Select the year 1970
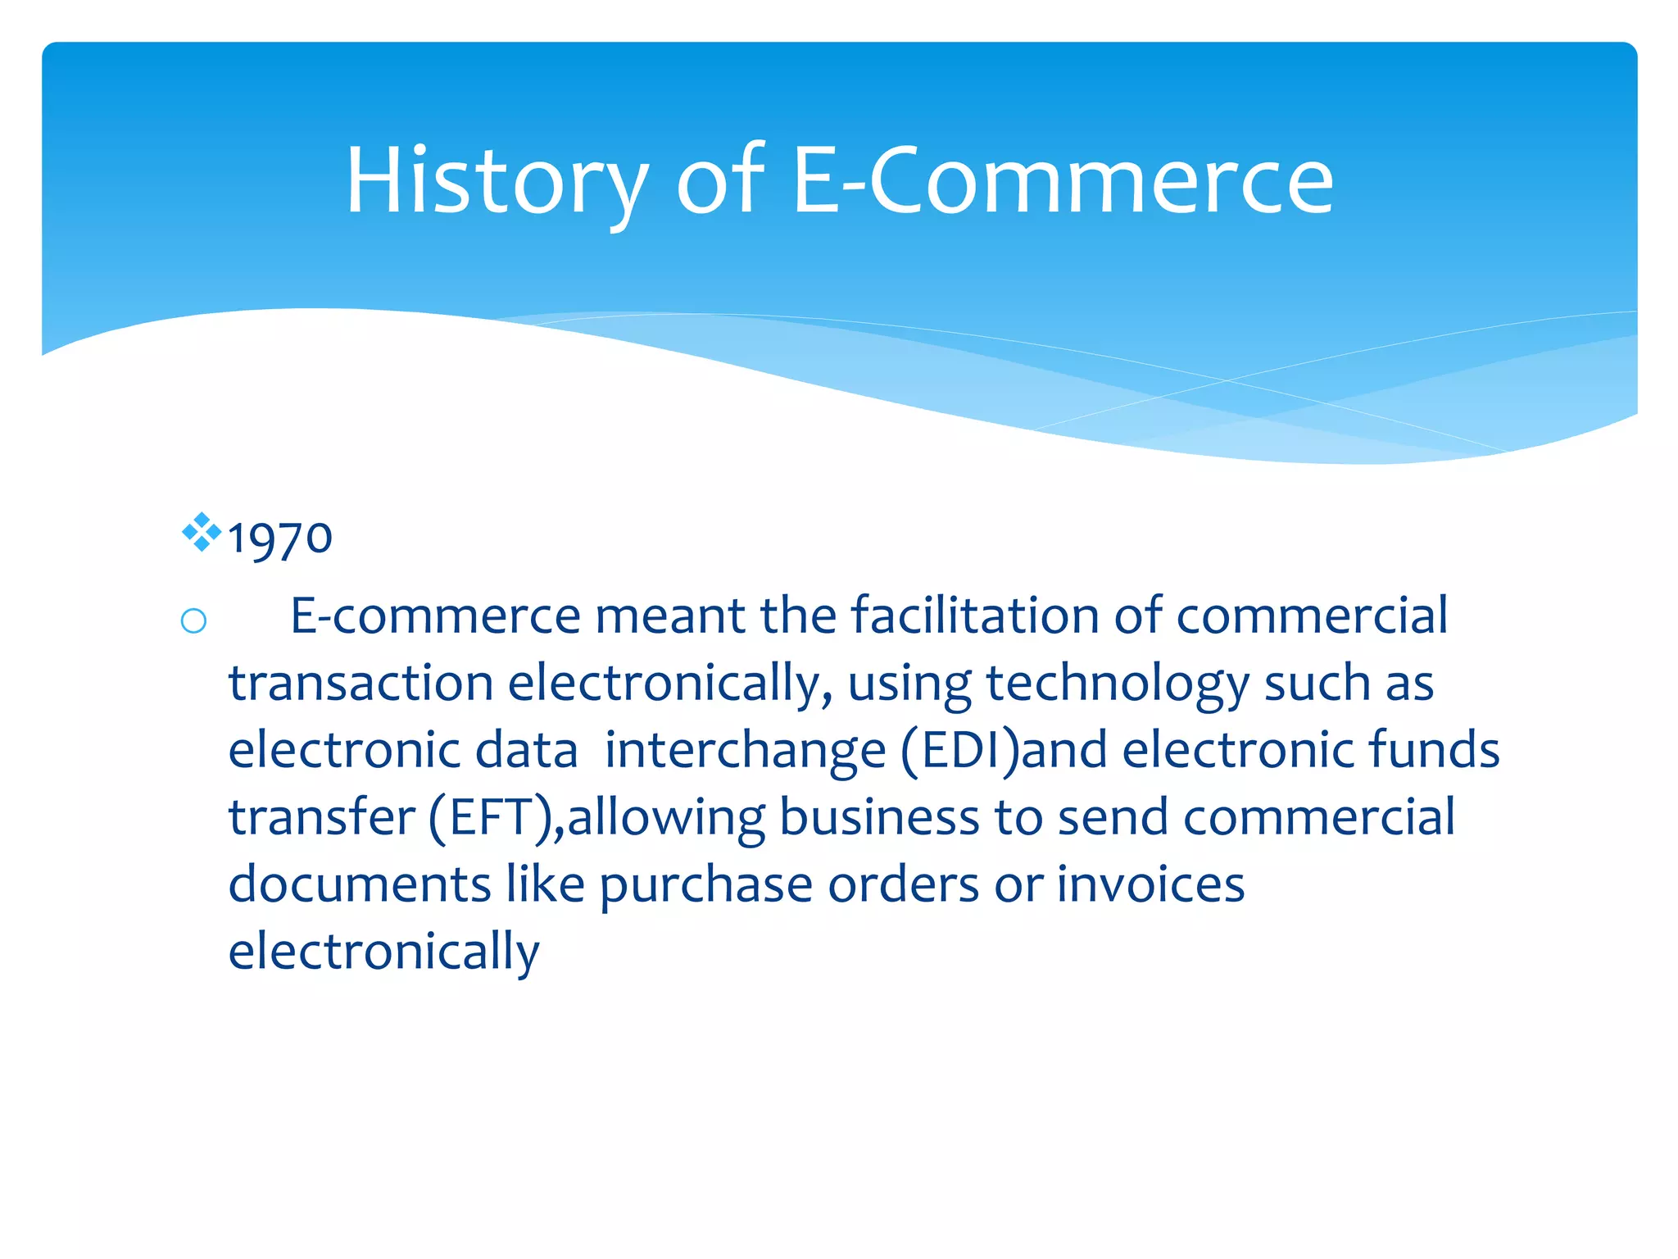pyautogui.click(x=279, y=539)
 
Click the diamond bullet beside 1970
pyautogui.click(x=202, y=533)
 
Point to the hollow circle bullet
pyautogui.click(x=193, y=621)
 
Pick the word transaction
pyautogui.click(x=361, y=683)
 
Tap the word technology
pyautogui.click(x=1117, y=684)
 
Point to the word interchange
pyautogui.click(x=745, y=751)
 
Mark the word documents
pyautogui.click(x=360, y=884)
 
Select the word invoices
pyautogui.click(x=1150, y=884)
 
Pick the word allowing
pyautogui.click(x=666, y=818)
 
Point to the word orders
pyautogui.click(x=903, y=884)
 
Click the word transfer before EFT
pyautogui.click(x=321, y=817)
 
